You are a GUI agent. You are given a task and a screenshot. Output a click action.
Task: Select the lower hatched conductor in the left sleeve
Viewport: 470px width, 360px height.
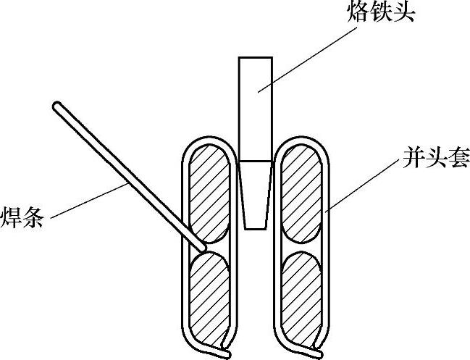pyautogui.click(x=210, y=293)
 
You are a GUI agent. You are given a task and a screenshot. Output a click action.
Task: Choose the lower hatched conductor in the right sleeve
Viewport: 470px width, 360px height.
pyautogui.click(x=300, y=293)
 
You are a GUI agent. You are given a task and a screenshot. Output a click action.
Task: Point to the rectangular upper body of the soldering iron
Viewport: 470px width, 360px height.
pyautogui.click(x=255, y=109)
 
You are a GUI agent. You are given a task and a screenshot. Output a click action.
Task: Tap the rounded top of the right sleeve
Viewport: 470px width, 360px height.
pyautogui.click(x=300, y=138)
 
